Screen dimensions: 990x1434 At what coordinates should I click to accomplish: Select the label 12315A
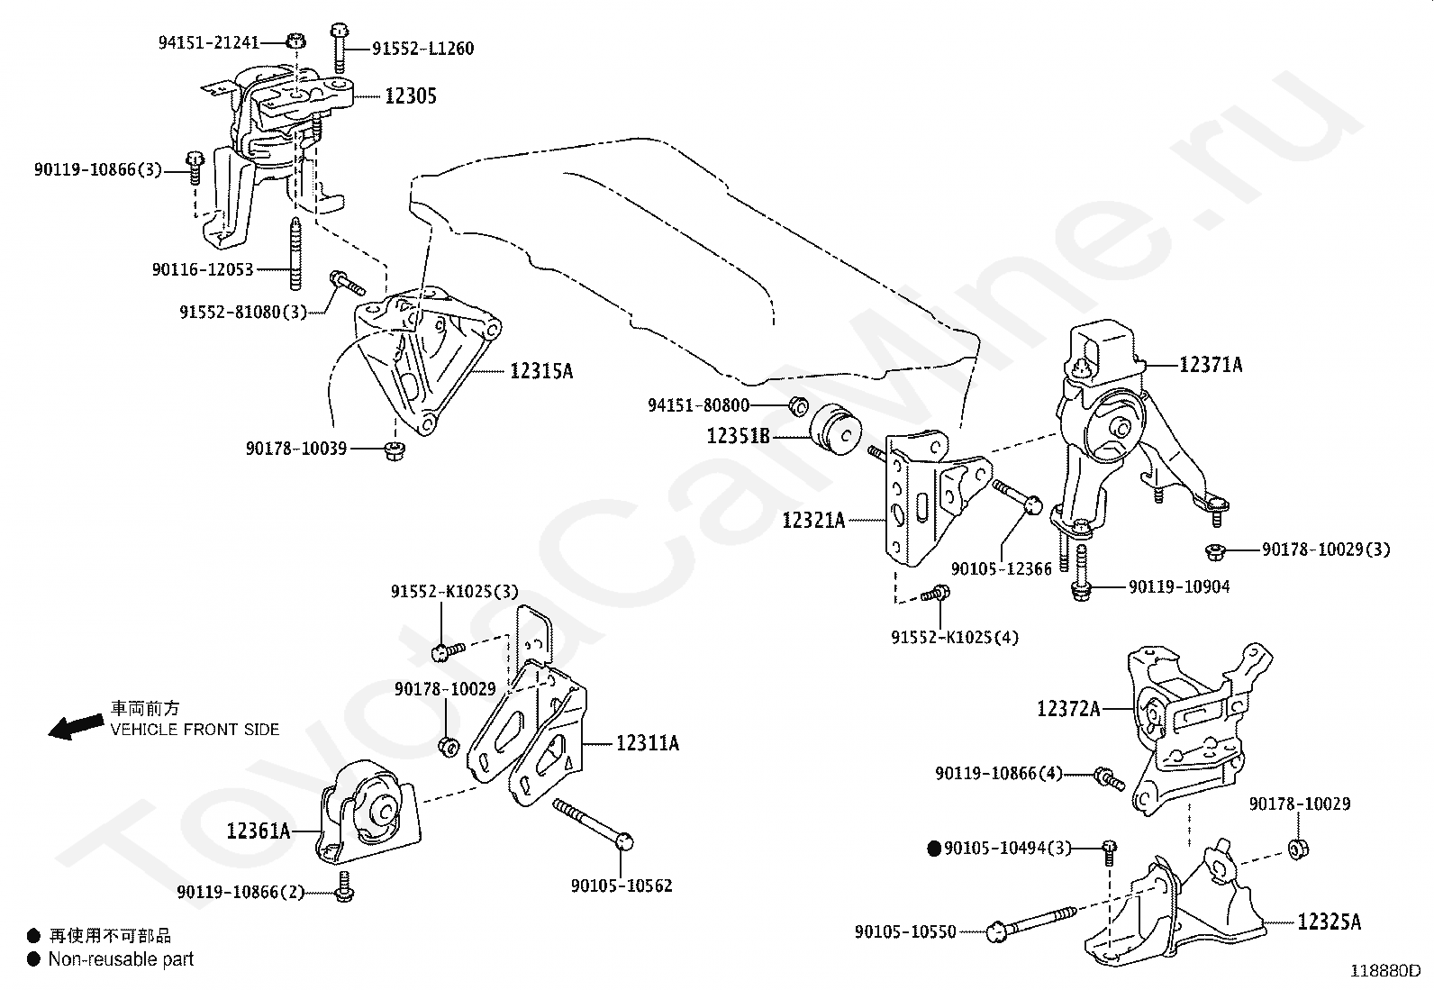(540, 370)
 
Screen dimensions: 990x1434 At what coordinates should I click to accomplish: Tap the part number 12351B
(738, 436)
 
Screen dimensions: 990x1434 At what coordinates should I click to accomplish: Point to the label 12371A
(1211, 365)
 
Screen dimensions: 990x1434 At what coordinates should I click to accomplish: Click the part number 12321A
(813, 520)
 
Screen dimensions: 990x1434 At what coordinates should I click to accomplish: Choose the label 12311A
(647, 743)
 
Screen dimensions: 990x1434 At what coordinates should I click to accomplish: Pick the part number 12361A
(259, 830)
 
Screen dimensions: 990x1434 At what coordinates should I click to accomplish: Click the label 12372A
(1068, 708)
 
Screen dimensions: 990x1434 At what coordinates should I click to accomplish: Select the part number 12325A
(1329, 922)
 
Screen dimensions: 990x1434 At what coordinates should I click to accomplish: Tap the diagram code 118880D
(1384, 971)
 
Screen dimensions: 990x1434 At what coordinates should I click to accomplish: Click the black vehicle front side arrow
(75, 727)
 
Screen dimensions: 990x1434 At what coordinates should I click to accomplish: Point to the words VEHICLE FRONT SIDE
(195, 730)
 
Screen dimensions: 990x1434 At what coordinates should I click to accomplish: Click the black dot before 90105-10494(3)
(934, 848)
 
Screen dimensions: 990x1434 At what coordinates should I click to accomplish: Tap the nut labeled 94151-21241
(295, 41)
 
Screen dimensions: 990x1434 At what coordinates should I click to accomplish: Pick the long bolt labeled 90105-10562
(594, 822)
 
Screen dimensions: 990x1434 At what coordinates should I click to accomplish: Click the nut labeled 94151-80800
(797, 406)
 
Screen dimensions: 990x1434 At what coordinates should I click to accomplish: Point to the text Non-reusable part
(121, 959)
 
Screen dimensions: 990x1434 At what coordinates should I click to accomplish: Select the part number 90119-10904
(1178, 586)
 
